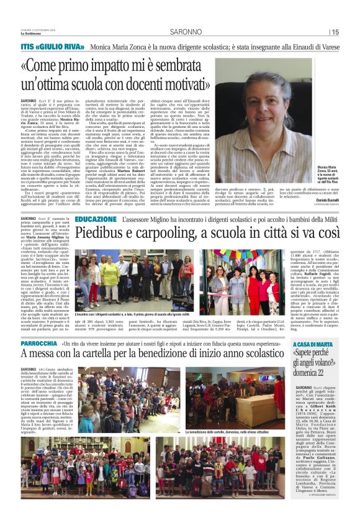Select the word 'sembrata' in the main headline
[x=176, y=66]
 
